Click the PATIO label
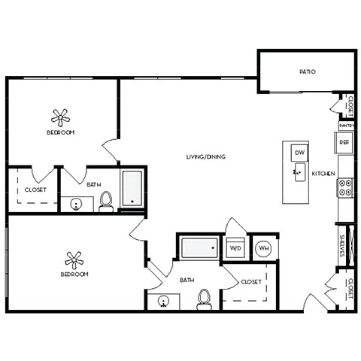tap(306, 72)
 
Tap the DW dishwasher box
tap(299, 153)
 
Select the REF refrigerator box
tap(344, 141)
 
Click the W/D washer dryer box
tap(235, 247)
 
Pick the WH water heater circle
tap(264, 247)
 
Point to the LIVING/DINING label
tap(205, 156)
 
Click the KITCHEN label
tap(323, 174)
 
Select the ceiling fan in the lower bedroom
tap(74, 259)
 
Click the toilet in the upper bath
tap(106, 201)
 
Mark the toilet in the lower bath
tap(202, 299)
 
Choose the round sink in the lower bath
tap(165, 302)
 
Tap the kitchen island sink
tap(298, 174)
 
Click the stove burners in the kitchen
tap(347, 187)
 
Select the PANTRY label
tap(346, 126)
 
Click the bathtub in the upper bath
tap(132, 188)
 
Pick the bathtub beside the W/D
tap(199, 247)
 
